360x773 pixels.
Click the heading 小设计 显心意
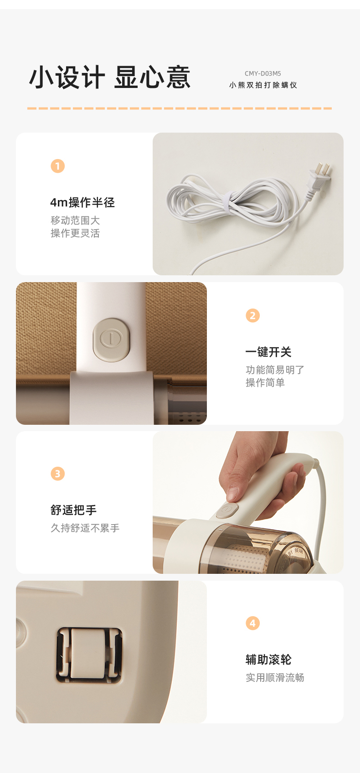[110, 77]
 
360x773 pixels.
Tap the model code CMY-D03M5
[262, 73]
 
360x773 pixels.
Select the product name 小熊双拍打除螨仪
[263, 85]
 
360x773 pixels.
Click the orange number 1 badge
[57, 166]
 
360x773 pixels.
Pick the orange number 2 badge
[252, 315]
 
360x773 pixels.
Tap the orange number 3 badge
[57, 474]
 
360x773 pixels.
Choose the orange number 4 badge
[252, 623]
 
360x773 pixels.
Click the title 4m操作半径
[82, 202]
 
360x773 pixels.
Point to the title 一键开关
[268, 352]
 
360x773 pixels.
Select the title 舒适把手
[73, 510]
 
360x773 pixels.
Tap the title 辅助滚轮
[268, 660]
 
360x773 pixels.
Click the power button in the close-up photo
[111, 340]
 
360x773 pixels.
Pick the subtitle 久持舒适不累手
[85, 528]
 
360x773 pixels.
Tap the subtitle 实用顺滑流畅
[275, 677]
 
